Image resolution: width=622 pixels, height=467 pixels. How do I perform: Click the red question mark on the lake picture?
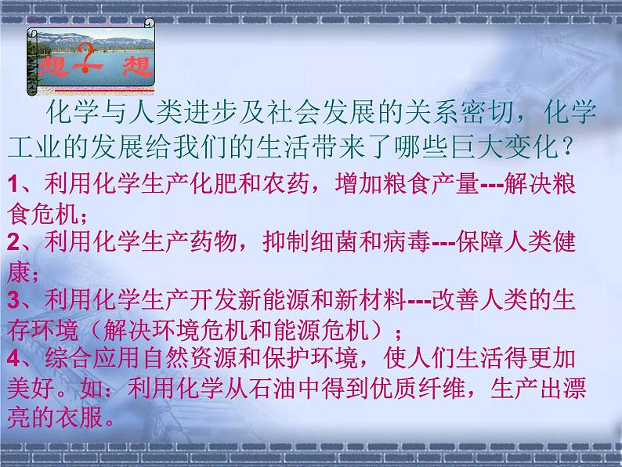(x=85, y=57)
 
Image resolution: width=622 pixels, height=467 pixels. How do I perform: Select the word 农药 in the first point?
(x=286, y=183)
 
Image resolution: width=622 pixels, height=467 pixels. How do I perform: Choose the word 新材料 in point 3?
(x=370, y=299)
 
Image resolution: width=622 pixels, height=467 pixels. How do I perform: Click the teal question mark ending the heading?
(x=568, y=147)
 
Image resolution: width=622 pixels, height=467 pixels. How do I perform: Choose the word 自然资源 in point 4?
(x=191, y=357)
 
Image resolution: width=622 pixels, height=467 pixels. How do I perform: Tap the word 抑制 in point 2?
(x=286, y=241)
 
